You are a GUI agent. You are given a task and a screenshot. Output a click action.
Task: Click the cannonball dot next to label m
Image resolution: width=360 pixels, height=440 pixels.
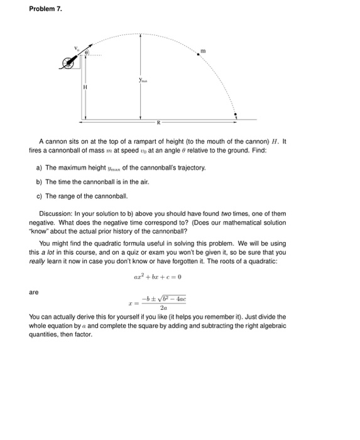[x=199, y=55]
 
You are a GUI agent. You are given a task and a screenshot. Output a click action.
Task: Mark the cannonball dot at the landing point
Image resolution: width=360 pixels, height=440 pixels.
[x=237, y=115]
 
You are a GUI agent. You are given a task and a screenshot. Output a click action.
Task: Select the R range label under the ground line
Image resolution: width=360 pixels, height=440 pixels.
[x=158, y=123]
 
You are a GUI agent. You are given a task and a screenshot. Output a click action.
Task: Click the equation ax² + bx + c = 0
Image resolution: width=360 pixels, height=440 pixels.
[x=157, y=277]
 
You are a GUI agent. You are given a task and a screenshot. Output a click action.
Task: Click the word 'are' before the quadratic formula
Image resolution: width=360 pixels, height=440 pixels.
[x=34, y=292]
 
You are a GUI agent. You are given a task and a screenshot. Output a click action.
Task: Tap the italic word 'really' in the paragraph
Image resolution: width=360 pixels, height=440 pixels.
[x=38, y=260]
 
